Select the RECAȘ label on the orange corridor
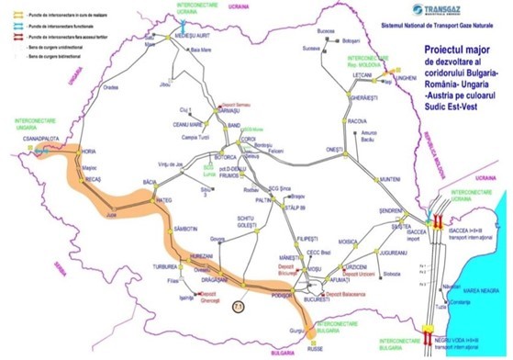(x=92, y=180)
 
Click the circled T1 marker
(x=238, y=304)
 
